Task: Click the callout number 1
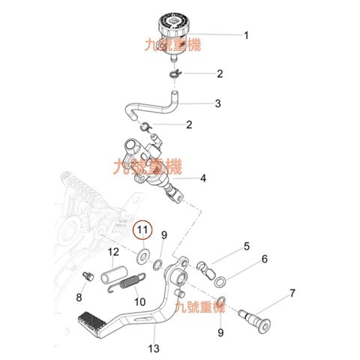pos(246,35)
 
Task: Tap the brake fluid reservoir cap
pos(174,24)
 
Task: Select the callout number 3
pos(217,103)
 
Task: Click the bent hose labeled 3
pos(151,106)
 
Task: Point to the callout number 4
pos(203,178)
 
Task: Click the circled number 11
pos(142,230)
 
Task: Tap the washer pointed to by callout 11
pos(142,256)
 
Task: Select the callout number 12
pos(113,252)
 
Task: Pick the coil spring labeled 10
pos(127,283)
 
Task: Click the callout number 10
pos(140,301)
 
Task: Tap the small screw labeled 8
pos(88,276)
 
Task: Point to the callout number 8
pos(79,297)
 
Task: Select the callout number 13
pos(154,348)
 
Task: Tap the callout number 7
pos(292,293)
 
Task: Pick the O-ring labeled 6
pos(220,281)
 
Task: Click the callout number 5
pos(247,246)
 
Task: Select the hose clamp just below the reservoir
pos(175,74)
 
